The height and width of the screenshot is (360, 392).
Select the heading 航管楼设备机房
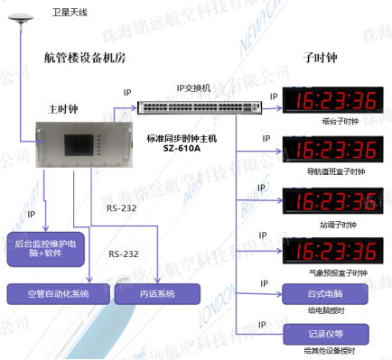point(86,58)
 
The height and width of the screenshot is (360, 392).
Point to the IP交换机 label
point(192,88)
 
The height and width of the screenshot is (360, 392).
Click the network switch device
point(201,106)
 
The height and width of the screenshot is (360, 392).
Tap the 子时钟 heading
point(319,58)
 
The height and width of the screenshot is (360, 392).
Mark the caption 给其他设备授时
point(327,350)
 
